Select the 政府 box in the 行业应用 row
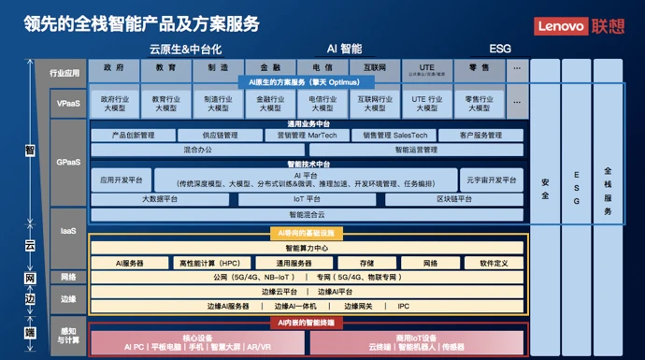(x=114, y=68)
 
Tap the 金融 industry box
(x=270, y=68)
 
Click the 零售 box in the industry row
(x=479, y=68)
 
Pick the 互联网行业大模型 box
(x=374, y=103)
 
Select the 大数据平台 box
(x=161, y=199)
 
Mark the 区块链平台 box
(x=453, y=199)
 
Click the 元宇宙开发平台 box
(x=490, y=179)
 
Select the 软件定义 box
(x=487, y=264)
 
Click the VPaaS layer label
(x=67, y=103)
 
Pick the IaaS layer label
(x=67, y=230)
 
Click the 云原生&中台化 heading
(x=184, y=48)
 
